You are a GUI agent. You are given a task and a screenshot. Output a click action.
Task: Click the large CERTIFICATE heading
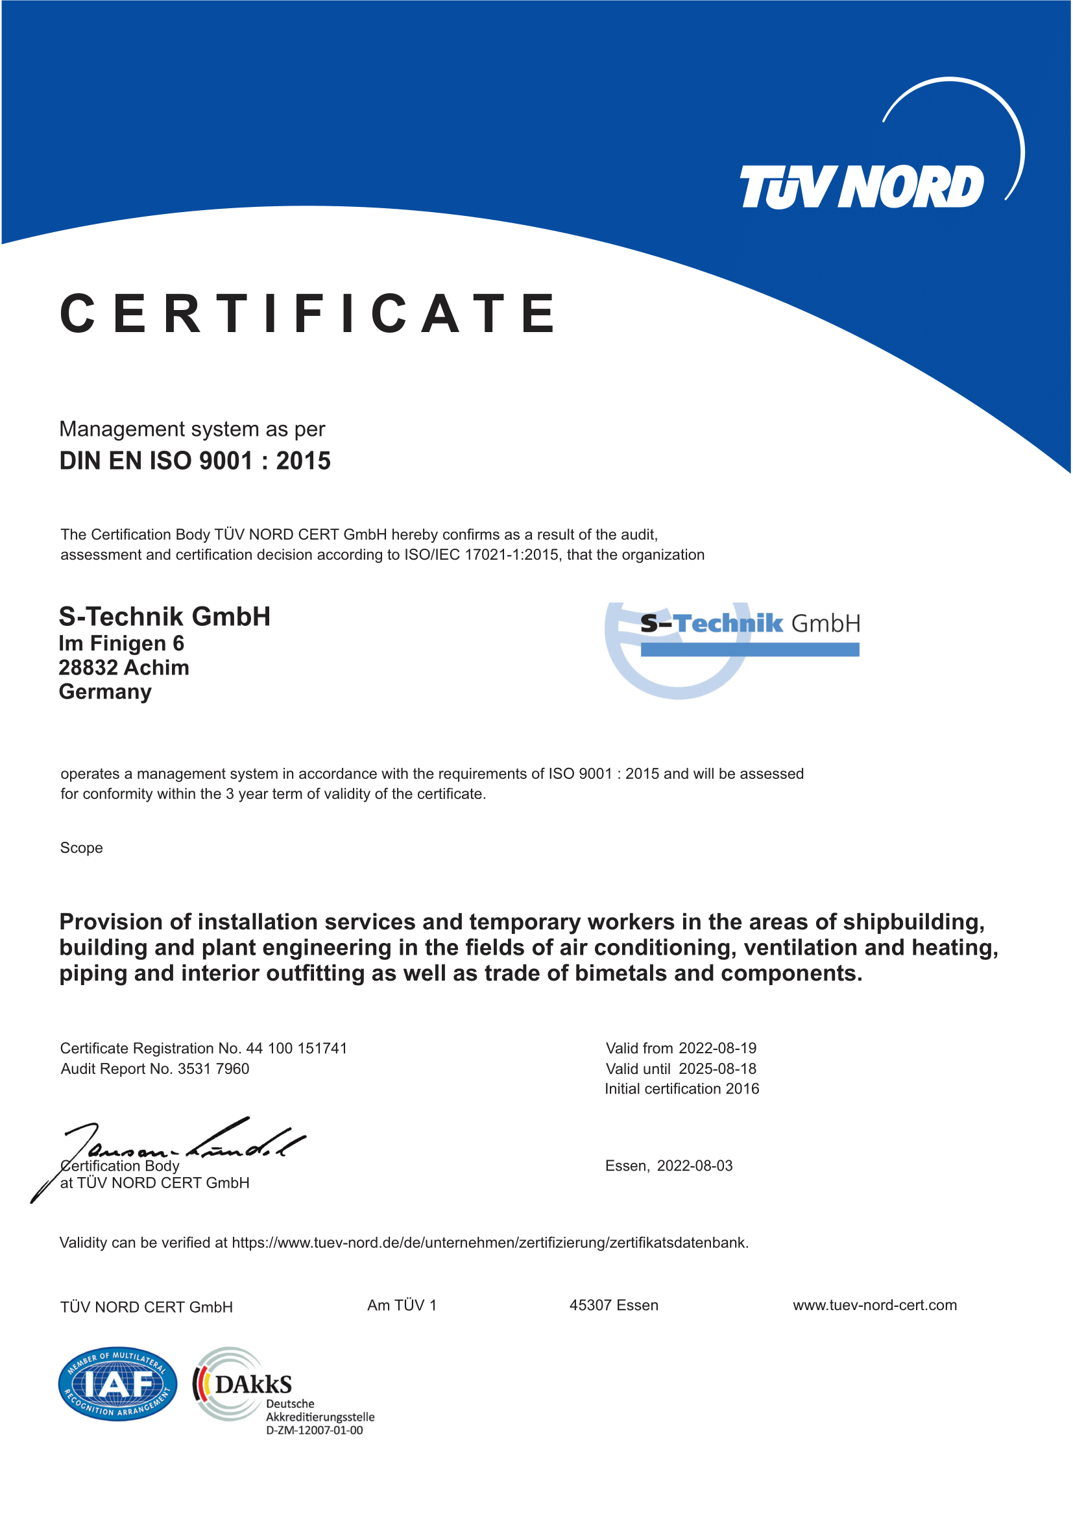pos(308,313)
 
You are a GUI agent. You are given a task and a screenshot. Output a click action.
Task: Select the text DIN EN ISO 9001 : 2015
pos(195,460)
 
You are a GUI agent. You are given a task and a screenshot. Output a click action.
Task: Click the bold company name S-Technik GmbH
pos(165,616)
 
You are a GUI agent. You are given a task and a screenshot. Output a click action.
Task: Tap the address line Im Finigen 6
pos(121,643)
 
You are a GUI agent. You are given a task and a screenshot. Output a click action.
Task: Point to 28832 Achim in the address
pos(123,667)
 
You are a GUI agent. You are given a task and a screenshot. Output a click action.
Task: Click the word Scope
pos(81,848)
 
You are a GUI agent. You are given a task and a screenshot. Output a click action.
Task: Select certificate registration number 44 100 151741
pos(296,1048)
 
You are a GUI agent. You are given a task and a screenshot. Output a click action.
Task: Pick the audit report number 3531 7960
pos(213,1068)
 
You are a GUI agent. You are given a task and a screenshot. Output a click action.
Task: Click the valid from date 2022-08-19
pos(717,1048)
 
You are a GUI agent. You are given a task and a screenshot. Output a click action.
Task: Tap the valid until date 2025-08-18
pos(717,1068)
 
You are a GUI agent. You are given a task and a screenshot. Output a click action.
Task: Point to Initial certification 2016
pos(682,1088)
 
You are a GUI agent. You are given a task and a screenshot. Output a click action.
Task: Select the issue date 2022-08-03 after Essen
pos(694,1165)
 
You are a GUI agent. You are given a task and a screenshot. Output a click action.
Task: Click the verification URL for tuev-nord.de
pos(490,1243)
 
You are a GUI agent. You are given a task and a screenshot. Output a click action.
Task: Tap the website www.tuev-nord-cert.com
pos(874,1305)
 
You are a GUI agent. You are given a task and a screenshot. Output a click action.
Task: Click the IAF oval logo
pos(117,1384)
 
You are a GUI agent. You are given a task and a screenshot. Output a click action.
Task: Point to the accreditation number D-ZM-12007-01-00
pos(315,1431)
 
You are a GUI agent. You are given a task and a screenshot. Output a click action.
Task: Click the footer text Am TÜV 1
pos(402,1305)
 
